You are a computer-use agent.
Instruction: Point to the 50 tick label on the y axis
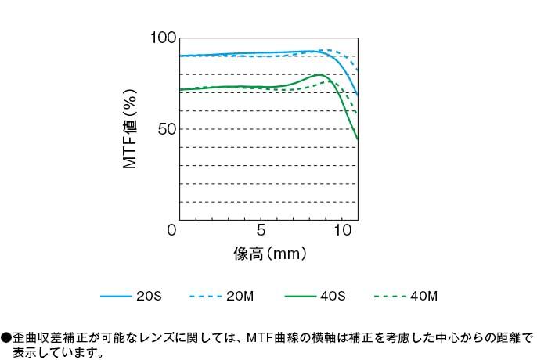166,129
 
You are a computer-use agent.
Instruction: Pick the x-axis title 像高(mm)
269,254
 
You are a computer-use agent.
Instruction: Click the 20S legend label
149,297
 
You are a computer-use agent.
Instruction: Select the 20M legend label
240,297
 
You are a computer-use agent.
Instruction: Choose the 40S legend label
332,297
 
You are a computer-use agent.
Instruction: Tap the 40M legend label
423,297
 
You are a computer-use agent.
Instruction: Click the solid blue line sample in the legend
116,297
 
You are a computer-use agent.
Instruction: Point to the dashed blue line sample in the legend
207,297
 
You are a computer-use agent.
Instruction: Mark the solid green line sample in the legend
299,297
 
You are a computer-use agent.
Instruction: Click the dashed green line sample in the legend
390,297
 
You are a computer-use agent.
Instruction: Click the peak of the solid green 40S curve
320,75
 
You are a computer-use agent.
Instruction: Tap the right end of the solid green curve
358,139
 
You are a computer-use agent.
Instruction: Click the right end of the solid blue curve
358,95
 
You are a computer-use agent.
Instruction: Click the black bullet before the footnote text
6,338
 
